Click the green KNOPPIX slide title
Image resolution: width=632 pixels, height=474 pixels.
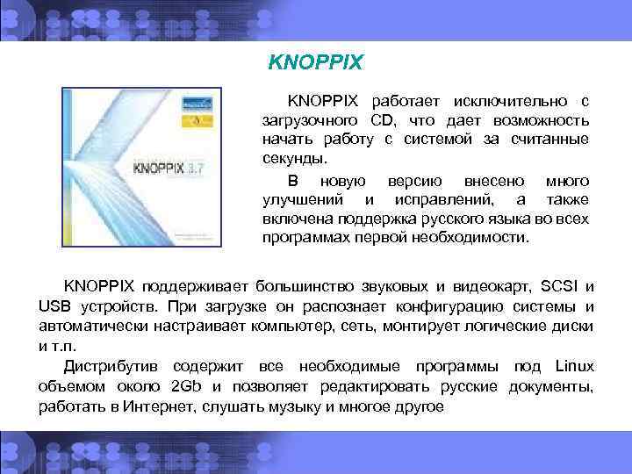[x=314, y=63]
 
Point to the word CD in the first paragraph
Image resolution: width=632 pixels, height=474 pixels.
[x=381, y=118]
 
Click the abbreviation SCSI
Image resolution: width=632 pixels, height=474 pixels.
[x=560, y=286]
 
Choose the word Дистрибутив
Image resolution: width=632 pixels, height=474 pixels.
[x=114, y=365]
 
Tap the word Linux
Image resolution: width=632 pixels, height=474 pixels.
[x=574, y=365]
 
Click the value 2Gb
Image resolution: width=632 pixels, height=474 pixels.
[x=185, y=386]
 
